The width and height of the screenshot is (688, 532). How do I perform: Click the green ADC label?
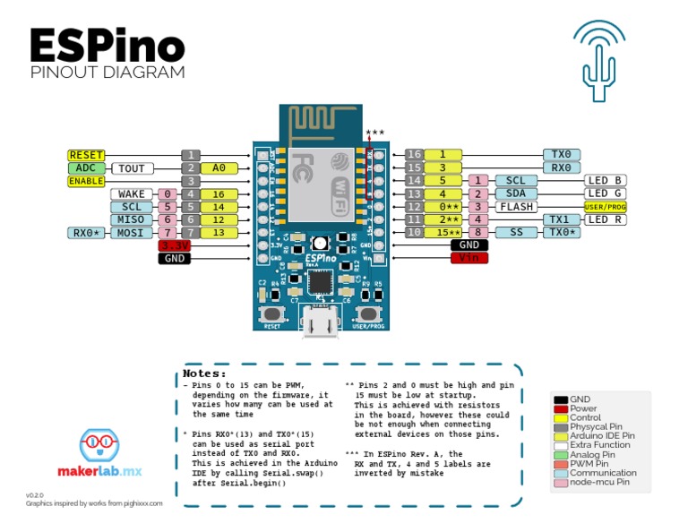[x=86, y=168]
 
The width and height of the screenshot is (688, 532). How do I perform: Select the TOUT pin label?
[x=132, y=168]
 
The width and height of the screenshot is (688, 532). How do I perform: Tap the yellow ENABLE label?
[x=86, y=181]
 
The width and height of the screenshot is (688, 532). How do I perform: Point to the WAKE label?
[x=132, y=194]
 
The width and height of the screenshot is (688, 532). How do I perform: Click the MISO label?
[x=132, y=219]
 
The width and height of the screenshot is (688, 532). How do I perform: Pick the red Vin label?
[x=469, y=258]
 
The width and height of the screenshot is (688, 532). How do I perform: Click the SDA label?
[x=515, y=193]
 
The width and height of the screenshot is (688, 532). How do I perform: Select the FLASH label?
[x=515, y=207]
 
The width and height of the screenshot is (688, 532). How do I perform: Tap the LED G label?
[x=606, y=193]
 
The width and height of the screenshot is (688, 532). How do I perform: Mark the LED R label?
[x=606, y=219]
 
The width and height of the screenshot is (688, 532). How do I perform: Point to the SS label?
[x=515, y=232]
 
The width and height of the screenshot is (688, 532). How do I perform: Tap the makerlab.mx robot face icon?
[x=99, y=445]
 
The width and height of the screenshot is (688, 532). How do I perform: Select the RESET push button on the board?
[x=272, y=314]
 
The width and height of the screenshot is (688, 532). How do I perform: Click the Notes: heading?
[x=205, y=373]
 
